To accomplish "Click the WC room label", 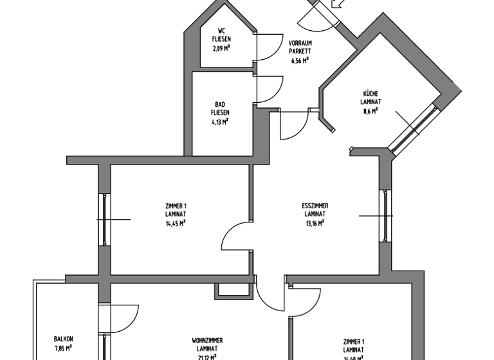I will pyautogui.click(x=221, y=30).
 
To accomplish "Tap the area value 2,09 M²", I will pyautogui.click(x=221, y=46).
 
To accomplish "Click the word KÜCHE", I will pyautogui.click(x=370, y=93).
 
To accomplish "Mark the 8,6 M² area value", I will pyautogui.click(x=370, y=110).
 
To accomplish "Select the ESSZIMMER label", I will pyautogui.click(x=315, y=206).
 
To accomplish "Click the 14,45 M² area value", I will pyautogui.click(x=176, y=223).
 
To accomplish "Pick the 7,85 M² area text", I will pyautogui.click(x=62, y=349).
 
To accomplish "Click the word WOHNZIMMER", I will pyautogui.click(x=208, y=340).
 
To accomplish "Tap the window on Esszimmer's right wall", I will pyautogui.click(x=385, y=215).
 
